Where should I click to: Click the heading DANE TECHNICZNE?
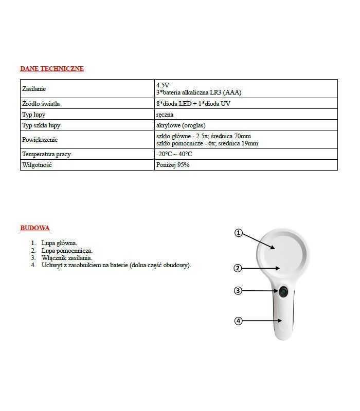pos(51,68)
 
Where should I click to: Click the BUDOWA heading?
pos(34,228)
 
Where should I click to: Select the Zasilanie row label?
pos(34,89)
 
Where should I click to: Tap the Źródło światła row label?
pos(41,104)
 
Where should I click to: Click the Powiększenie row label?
pos(40,140)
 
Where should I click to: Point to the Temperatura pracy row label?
pos(46,154)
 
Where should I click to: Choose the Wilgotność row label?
pos(37,165)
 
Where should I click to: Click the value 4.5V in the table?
pos(163,85)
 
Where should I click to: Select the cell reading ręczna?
pos(165,115)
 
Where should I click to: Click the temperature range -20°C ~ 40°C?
pos(174,154)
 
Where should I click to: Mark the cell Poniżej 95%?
pos(172,165)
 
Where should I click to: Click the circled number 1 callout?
pos(238,233)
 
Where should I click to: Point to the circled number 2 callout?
pos(238,268)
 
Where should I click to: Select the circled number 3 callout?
pos(238,291)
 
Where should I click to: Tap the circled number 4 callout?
pos(238,321)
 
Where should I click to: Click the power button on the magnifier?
pos(283,292)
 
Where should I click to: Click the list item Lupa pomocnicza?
pos(67,251)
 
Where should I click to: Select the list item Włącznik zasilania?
pos(67,258)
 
